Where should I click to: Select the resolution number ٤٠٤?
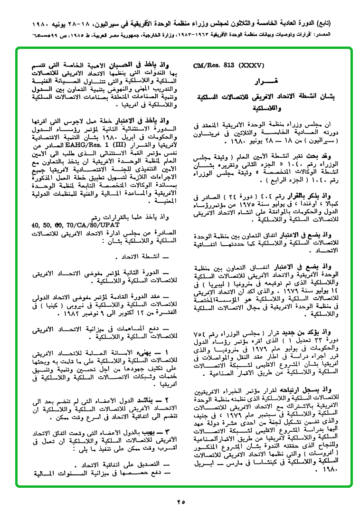268,195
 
